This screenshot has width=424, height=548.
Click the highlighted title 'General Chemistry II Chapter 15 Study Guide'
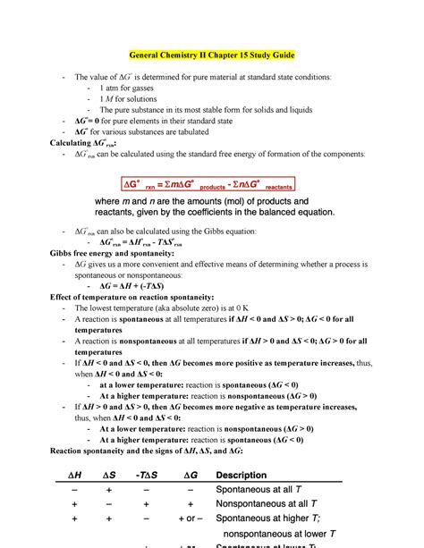pyautogui.click(x=212, y=55)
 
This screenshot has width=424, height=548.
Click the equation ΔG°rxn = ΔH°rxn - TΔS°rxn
pyautogui.click(x=143, y=241)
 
